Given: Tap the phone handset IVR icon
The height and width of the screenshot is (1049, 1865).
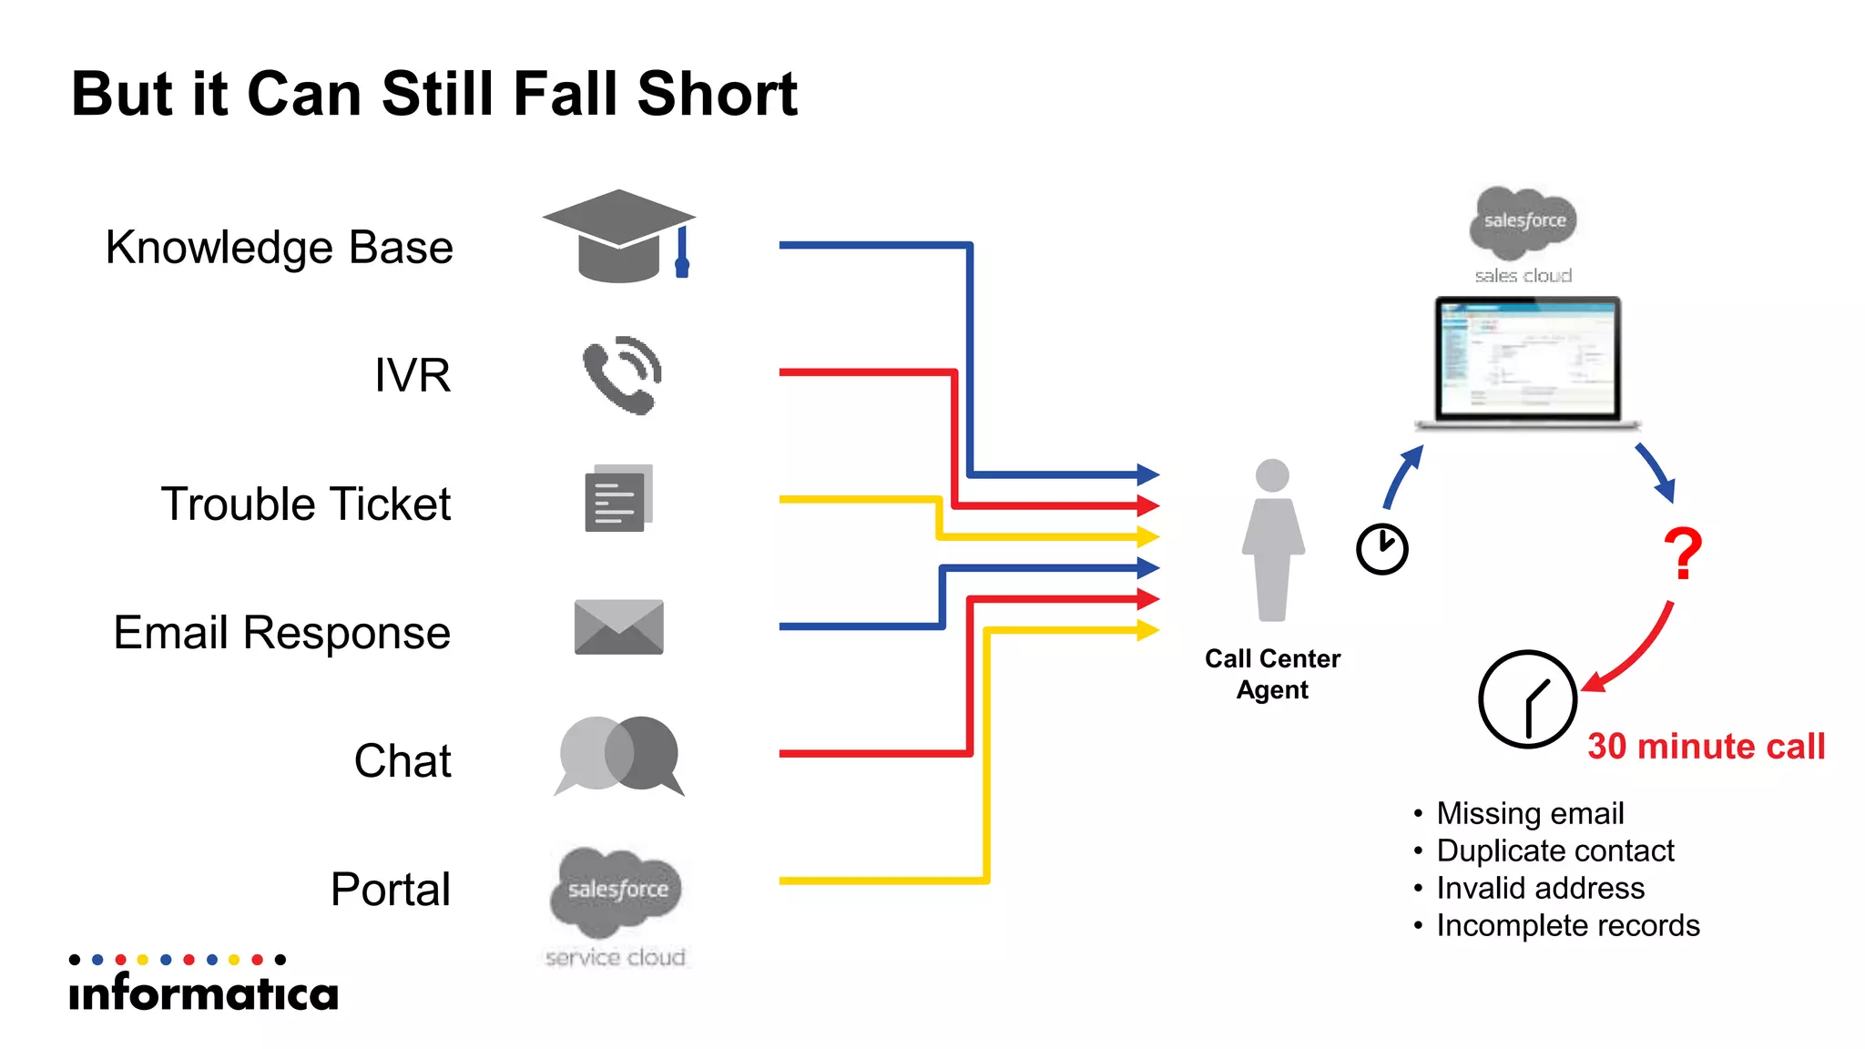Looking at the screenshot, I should point(621,375).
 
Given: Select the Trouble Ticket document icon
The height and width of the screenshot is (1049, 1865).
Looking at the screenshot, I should point(617,499).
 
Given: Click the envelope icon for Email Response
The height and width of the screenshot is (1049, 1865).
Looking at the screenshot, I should point(618,627).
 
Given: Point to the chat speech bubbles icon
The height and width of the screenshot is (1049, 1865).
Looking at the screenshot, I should point(618,755).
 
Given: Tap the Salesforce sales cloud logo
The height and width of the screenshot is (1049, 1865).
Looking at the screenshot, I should point(1524,232).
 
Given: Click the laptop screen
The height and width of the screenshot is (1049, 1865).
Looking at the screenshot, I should point(1527,361).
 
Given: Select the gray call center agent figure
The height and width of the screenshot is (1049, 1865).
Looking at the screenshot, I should point(1272,541).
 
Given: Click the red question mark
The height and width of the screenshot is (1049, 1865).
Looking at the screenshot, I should point(1682,555).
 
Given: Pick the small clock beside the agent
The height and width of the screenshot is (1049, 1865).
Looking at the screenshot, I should point(1381,549).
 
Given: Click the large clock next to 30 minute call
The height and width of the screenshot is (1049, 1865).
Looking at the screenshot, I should point(1527,699).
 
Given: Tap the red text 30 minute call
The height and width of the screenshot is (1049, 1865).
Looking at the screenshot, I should point(1706,747).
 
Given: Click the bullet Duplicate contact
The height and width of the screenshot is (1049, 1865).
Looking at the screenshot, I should point(1554,850).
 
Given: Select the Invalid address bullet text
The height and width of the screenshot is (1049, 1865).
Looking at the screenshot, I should point(1540,888).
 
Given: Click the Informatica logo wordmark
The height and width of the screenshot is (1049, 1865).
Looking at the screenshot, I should point(204,992).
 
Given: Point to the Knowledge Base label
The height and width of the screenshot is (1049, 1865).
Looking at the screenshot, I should point(279,248).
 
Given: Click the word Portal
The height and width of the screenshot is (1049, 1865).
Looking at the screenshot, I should point(390,890).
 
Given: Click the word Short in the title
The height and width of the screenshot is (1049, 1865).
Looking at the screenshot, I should point(717,94).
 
